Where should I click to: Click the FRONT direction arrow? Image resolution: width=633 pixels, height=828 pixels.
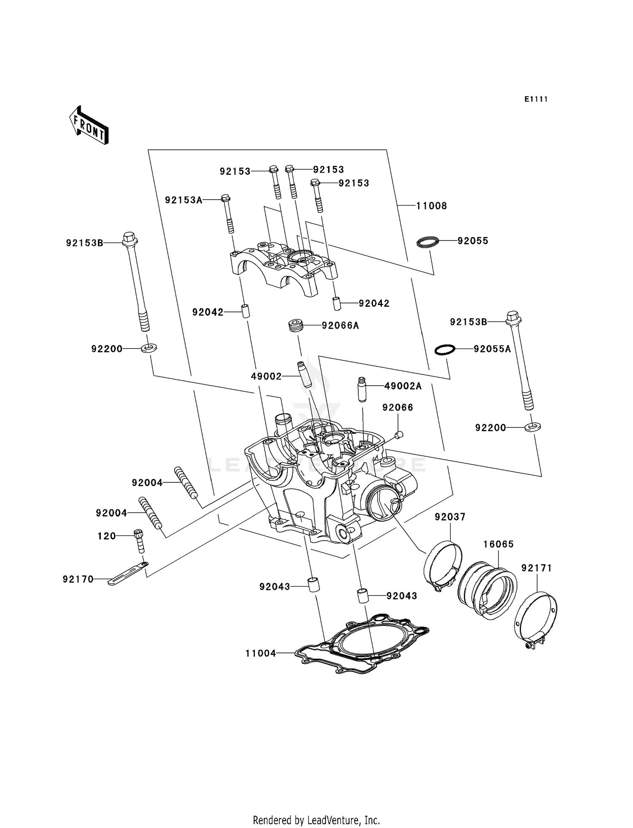coord(89,126)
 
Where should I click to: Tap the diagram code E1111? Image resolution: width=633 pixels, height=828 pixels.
coord(536,99)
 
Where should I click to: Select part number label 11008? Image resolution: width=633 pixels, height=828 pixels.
coord(431,206)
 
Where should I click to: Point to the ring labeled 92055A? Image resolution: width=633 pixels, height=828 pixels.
coord(445,350)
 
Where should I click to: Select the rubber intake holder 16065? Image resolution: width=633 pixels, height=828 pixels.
coord(487,588)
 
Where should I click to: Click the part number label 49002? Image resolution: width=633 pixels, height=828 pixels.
coord(266,376)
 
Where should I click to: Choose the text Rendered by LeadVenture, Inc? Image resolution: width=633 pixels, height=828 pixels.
coord(316,820)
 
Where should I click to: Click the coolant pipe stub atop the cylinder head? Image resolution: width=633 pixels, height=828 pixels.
coord(282,424)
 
